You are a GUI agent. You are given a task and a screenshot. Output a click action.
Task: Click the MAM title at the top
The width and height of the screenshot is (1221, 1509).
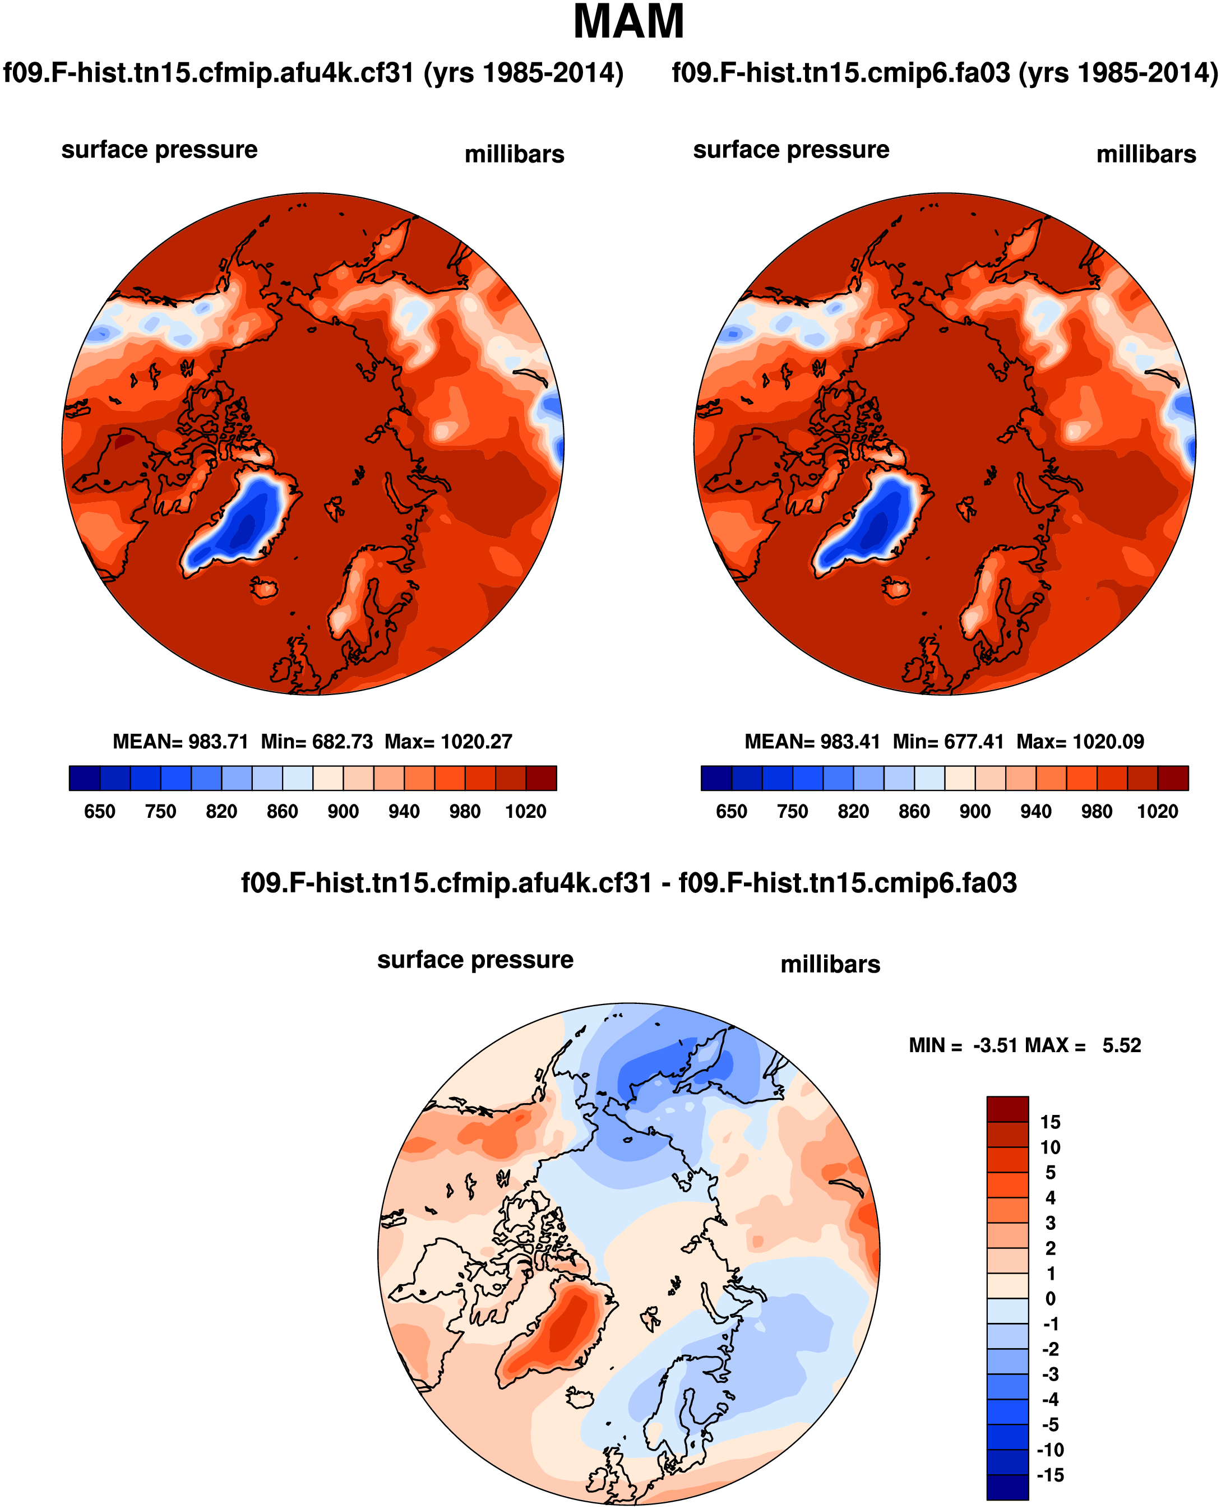pyautogui.click(x=628, y=22)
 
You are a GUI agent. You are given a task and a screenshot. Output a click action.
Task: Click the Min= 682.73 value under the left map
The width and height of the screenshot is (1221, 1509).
pyautogui.click(x=317, y=742)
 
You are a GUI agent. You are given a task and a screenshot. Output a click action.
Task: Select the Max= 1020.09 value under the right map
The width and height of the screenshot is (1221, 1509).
pyautogui.click(x=1080, y=742)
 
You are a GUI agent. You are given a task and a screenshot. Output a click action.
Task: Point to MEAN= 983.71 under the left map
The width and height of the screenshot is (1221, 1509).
pyautogui.click(x=180, y=742)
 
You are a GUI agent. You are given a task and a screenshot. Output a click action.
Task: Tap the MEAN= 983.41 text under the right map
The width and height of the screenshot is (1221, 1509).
pyautogui.click(x=812, y=742)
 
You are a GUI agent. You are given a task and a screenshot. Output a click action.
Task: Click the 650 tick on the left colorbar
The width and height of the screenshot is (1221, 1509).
pyautogui.click(x=99, y=812)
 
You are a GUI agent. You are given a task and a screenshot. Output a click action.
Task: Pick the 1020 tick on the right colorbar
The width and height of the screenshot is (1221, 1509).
pyautogui.click(x=1157, y=812)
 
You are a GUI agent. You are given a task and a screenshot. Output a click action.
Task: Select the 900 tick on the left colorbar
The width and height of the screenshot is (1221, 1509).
pyautogui.click(x=343, y=812)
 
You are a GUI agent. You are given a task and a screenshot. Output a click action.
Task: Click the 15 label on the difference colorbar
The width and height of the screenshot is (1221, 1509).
pyautogui.click(x=1050, y=1122)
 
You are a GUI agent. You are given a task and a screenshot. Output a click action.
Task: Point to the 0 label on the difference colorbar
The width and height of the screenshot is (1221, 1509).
pyautogui.click(x=1050, y=1298)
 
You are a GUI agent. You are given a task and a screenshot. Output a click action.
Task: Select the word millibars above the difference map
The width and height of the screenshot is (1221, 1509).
pyautogui.click(x=830, y=964)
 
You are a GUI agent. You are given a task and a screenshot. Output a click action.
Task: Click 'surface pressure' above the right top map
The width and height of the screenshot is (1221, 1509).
pyautogui.click(x=790, y=150)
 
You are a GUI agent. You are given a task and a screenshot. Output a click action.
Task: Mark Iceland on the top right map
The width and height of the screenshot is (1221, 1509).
pyautogui.click(x=896, y=588)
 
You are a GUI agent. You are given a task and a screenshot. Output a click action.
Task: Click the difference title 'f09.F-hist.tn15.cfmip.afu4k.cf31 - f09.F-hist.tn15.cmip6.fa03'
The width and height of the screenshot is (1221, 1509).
pyautogui.click(x=628, y=882)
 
